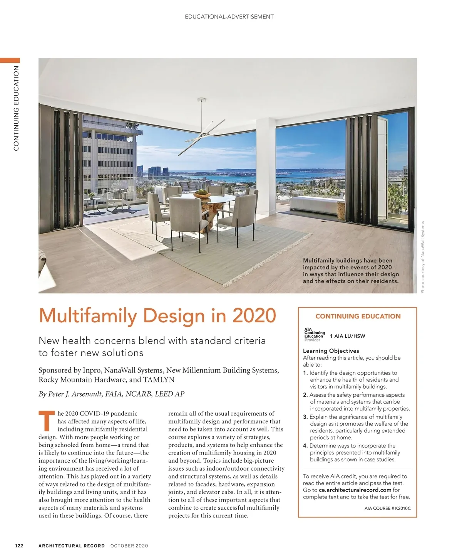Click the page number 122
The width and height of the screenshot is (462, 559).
[x=19, y=546]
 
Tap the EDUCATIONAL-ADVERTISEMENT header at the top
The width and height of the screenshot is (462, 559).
[x=229, y=17]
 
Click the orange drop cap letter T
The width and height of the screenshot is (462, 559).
[x=47, y=421]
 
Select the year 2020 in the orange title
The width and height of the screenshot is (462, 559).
[x=254, y=315]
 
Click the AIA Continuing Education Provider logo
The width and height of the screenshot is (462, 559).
[x=314, y=335]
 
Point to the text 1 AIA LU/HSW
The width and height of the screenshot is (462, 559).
[x=348, y=336]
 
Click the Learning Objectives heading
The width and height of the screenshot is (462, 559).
[x=331, y=351]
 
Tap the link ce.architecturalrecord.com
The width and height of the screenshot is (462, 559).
[x=355, y=490]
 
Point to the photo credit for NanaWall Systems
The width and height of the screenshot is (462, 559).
[x=422, y=257]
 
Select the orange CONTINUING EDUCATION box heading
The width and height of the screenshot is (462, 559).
[x=358, y=316]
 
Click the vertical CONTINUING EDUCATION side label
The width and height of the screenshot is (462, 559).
[x=16, y=108]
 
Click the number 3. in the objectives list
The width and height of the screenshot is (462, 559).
[x=305, y=417]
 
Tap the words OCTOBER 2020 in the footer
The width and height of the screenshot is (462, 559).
[x=129, y=546]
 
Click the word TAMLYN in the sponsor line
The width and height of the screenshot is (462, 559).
[x=159, y=380]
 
